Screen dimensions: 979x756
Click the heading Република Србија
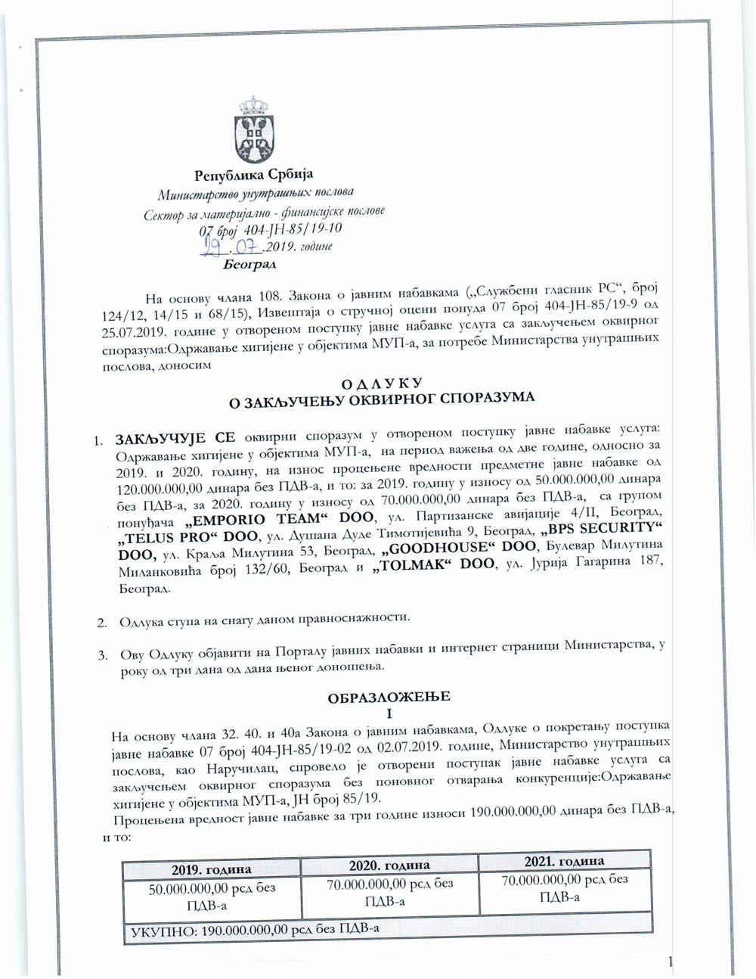(253, 176)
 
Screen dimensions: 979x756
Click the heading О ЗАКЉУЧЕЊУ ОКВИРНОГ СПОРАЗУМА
(381, 399)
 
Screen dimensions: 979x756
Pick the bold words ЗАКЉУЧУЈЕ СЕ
(175, 438)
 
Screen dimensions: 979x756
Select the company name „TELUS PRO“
(166, 536)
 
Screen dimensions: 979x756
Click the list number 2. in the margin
(101, 623)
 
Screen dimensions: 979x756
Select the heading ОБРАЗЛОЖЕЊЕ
(389, 697)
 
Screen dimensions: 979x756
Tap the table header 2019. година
(211, 869)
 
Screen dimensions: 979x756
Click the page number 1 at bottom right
(670, 962)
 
